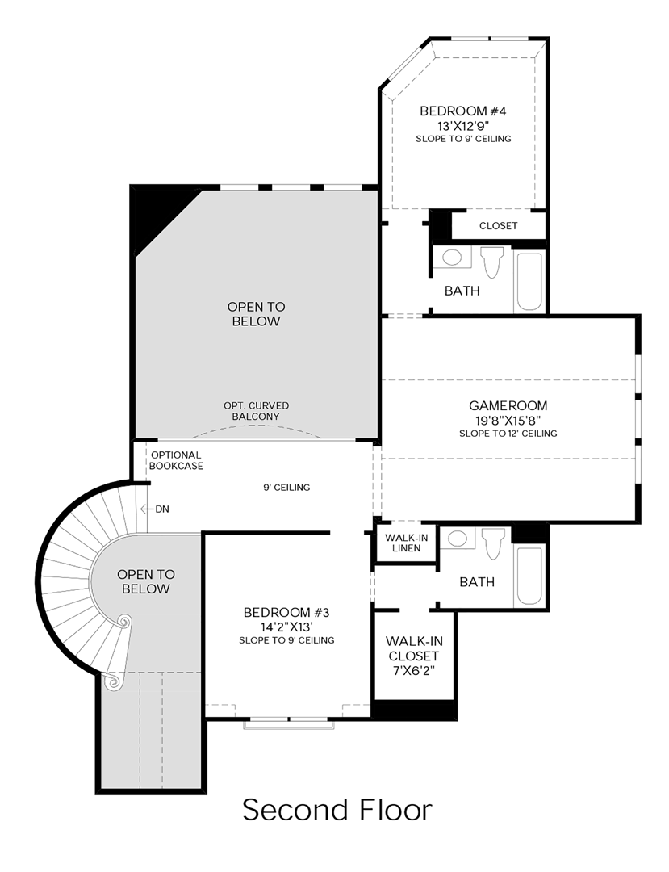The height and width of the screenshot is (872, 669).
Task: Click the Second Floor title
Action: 337,810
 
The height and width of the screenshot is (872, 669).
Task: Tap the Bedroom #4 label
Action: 463,111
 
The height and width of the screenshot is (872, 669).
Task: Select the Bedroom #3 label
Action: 286,612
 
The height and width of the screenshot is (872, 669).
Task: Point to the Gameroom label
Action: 508,405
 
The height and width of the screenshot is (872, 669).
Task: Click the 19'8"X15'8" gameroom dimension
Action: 508,421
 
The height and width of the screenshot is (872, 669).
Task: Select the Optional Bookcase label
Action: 176,460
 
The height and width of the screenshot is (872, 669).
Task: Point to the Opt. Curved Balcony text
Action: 256,410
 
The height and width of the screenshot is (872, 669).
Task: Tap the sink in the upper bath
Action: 452,258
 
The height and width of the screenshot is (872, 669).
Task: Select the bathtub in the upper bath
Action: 529,282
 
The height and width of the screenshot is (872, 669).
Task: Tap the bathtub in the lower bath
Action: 529,576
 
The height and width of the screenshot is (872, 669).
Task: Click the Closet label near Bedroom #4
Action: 498,226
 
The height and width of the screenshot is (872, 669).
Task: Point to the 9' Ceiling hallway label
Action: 286,488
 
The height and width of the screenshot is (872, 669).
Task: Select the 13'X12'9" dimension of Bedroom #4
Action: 463,126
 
